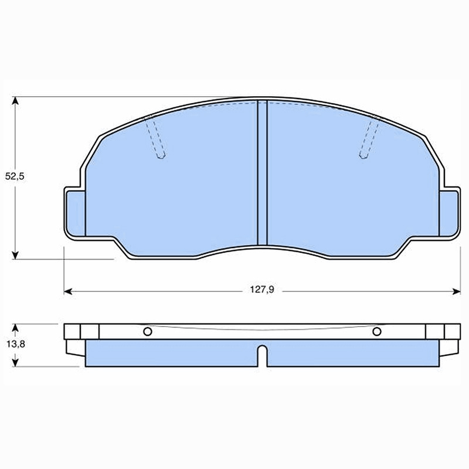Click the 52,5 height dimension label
15,176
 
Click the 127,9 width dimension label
262,290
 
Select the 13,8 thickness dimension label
16,344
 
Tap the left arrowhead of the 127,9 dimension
68,291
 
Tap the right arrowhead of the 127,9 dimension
456,291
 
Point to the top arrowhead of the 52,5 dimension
15,100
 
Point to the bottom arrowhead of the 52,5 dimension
15,255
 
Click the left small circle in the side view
148,331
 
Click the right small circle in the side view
377,331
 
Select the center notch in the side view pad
262,356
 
